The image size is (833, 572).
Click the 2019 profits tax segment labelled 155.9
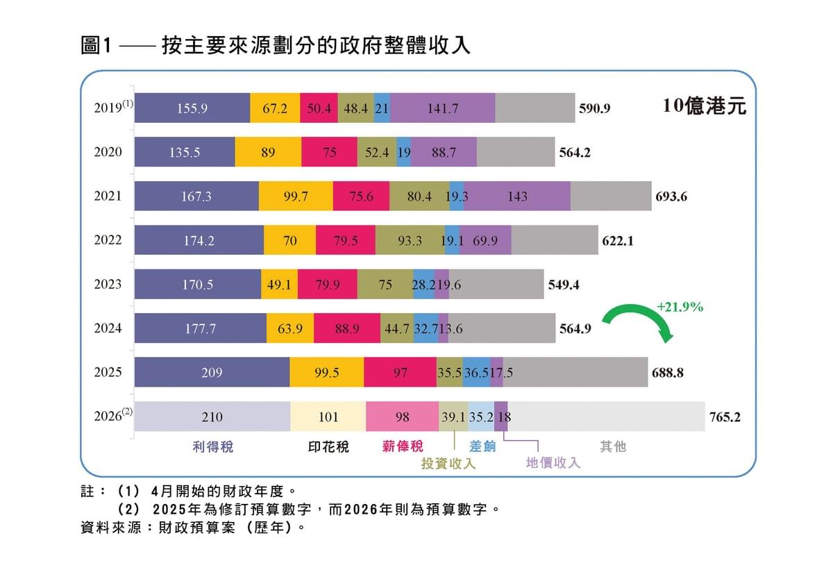coord(192,108)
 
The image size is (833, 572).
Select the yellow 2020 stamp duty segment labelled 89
coord(268,153)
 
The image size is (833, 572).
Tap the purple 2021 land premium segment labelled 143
coord(517,196)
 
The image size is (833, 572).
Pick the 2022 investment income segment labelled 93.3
coord(410,241)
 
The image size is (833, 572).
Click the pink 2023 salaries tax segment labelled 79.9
coord(328,285)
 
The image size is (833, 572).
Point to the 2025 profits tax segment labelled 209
coord(212,373)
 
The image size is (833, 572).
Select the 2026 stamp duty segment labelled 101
coord(328,417)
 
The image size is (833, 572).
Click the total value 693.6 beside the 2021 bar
coord(671,197)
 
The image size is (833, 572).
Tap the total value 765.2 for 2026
coord(725,418)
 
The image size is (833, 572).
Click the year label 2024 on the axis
coord(108,328)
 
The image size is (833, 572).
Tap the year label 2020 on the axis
coord(108,153)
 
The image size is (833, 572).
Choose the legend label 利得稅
coord(212,447)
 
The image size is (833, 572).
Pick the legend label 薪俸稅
coord(403,447)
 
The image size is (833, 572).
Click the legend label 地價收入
coord(553,463)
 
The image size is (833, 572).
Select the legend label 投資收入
coord(448,464)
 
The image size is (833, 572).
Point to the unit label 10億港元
coord(704,108)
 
